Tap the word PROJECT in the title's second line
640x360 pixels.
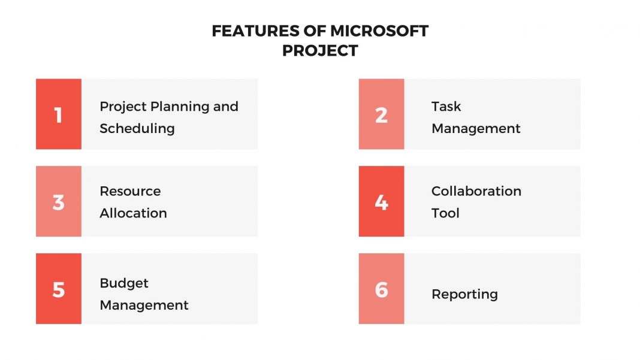320,51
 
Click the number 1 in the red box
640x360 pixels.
58,114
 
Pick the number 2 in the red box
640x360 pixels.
381,114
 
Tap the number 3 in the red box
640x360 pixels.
58,202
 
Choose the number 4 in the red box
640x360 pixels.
381,202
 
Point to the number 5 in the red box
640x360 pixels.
58,289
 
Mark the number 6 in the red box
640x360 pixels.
381,289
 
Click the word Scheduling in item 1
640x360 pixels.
137,129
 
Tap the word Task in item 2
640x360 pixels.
446,107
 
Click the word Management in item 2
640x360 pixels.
476,128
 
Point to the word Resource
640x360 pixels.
130,191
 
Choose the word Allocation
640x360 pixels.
133,213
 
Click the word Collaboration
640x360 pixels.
476,191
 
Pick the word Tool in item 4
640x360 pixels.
445,213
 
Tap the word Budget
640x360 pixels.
124,283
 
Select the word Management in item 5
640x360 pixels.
144,305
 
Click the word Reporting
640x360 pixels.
464,294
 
